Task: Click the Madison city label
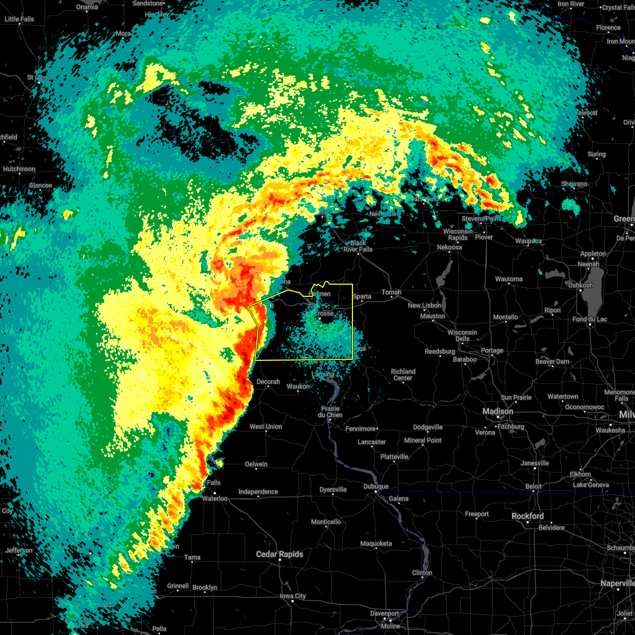click(x=497, y=411)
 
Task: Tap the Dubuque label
click(x=376, y=486)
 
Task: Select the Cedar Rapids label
click(x=279, y=554)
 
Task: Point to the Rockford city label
click(x=527, y=516)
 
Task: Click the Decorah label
click(x=268, y=382)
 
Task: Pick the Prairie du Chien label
click(x=330, y=412)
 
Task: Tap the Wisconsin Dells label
click(x=462, y=335)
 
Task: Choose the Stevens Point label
click(x=481, y=219)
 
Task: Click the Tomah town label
click(x=392, y=292)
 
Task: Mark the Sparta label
click(x=362, y=296)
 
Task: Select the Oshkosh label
click(x=580, y=285)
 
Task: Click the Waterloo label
click(x=215, y=498)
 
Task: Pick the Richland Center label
click(x=403, y=375)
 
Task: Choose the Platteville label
click(x=394, y=457)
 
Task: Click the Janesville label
click(x=535, y=463)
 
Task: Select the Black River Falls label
click(x=358, y=246)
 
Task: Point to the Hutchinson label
click(x=19, y=169)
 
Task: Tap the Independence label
click(x=258, y=492)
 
